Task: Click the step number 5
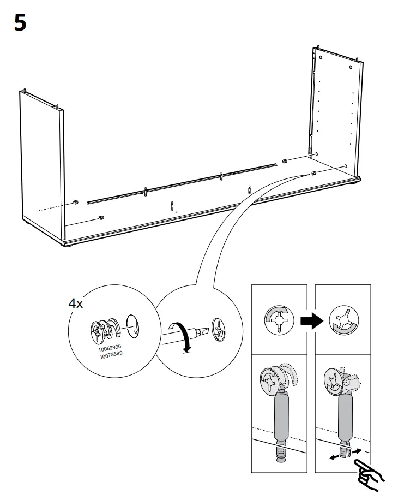[20, 23]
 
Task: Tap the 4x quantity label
[75, 304]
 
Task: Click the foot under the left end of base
[69, 246]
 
